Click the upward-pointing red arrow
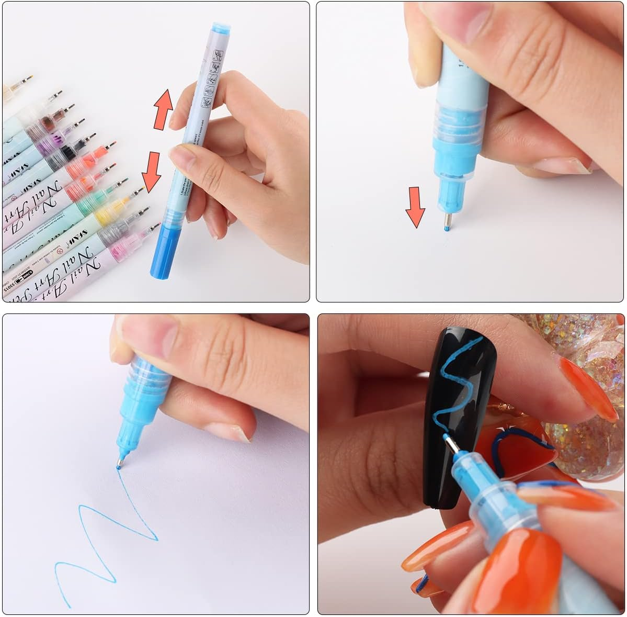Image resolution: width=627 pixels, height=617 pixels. point(163,109)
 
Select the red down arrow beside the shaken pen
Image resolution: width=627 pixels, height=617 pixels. point(152,172)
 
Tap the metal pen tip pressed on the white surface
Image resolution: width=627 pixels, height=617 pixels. point(446,222)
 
